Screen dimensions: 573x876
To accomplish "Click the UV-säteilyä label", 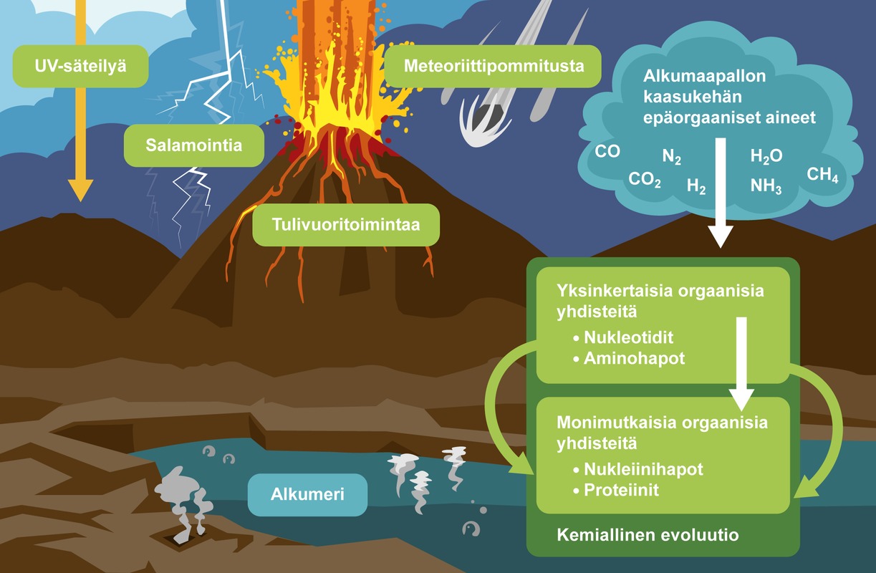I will (81, 67).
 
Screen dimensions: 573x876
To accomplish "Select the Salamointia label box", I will (194, 145).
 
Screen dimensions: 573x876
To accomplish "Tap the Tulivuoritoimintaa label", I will (346, 224).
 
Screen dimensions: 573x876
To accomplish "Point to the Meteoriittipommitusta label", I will (493, 67).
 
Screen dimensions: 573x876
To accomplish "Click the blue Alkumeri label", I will (307, 494).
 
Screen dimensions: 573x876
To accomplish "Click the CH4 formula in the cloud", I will (822, 175).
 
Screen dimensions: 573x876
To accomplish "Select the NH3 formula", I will (766, 186).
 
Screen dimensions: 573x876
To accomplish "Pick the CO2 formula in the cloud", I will (645, 179).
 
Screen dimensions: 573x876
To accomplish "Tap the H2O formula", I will (766, 156).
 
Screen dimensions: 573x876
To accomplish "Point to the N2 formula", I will (672, 157).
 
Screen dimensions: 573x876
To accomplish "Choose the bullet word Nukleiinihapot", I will (643, 470).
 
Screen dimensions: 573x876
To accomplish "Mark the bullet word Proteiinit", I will (621, 491).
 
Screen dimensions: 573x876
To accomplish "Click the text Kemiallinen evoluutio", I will (648, 535).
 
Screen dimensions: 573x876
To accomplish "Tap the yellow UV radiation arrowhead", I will (81, 189).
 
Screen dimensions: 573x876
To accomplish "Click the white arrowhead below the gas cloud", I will (721, 236).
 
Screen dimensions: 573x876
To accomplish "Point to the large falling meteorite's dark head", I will (488, 114).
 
